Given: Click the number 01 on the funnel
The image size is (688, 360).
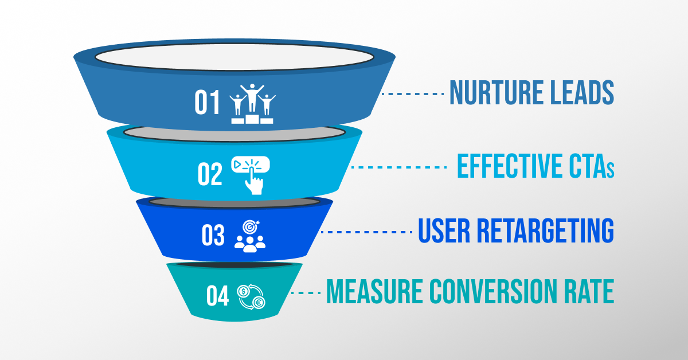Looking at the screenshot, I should coord(208,103).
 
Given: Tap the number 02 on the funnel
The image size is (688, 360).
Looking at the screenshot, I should coord(210,174).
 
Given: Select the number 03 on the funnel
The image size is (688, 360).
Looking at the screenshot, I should coord(213,236).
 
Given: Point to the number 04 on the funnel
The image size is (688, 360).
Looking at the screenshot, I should coord(218,296).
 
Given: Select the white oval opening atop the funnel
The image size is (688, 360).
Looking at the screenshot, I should coord(234,57).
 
